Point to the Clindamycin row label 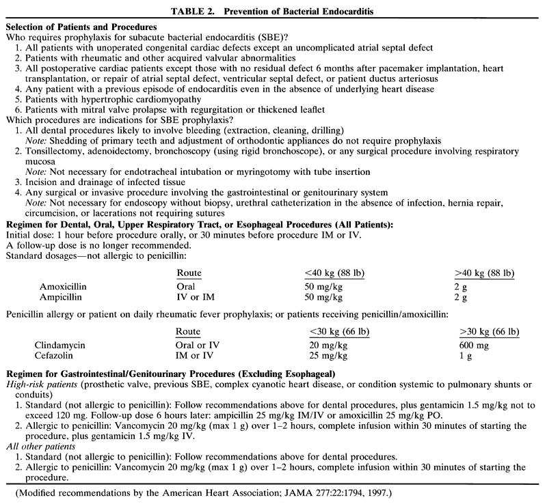[60, 346]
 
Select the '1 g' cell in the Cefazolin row [465, 356]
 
